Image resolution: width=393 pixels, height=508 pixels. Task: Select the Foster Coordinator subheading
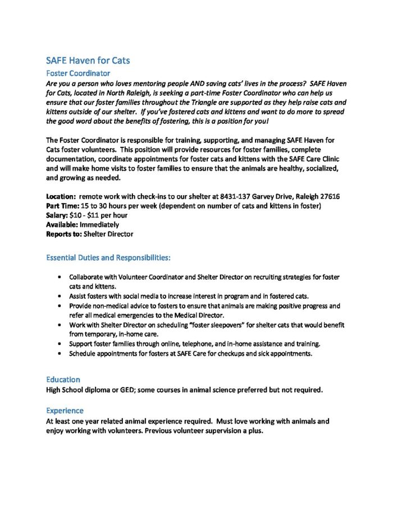click(x=78, y=73)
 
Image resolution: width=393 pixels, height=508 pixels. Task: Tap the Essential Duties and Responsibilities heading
click(x=108, y=258)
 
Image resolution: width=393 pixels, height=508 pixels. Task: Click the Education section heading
click(x=63, y=380)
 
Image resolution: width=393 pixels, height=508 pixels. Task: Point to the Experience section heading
click(x=65, y=410)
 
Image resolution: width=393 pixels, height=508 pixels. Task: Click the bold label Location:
click(x=61, y=197)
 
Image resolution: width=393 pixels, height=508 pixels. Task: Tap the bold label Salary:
click(x=58, y=215)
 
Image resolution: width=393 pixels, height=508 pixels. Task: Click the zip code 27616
click(x=328, y=197)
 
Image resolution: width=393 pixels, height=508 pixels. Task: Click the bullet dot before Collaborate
click(x=60, y=278)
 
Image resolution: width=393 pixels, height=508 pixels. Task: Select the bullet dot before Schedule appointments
click(x=60, y=354)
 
